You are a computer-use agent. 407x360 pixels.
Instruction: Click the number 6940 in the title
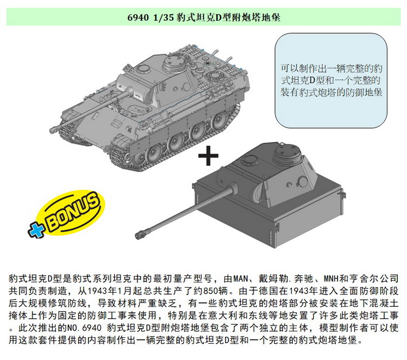pos(138,17)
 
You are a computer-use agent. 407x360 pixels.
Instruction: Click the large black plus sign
pos(208,156)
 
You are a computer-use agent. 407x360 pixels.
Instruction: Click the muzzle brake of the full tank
pos(54,129)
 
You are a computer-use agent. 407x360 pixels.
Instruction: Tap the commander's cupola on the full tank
pos(174,64)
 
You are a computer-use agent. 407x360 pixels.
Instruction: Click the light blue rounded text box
pos(331,80)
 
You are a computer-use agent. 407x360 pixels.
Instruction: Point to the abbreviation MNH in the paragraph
pos(331,279)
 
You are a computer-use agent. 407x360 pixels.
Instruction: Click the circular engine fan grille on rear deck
pos(214,75)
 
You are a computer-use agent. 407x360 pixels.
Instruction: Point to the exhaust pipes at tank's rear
pos(221,54)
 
